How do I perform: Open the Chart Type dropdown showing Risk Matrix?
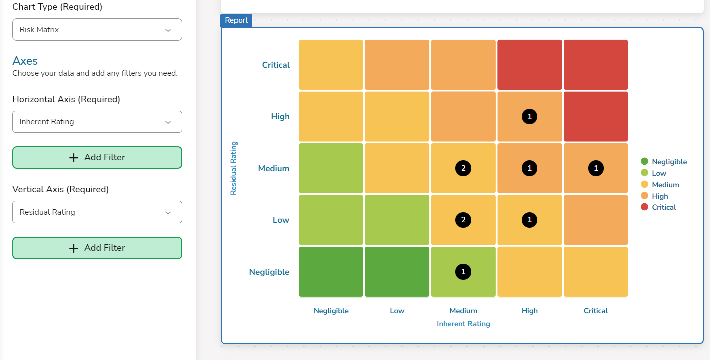pyautogui.click(x=97, y=30)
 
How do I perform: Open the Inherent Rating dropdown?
pyautogui.click(x=97, y=122)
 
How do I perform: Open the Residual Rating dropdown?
pyautogui.click(x=97, y=212)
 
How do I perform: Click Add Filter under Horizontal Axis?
pyautogui.click(x=97, y=157)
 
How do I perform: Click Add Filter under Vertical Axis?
pyautogui.click(x=97, y=248)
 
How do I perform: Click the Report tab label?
pyautogui.click(x=236, y=20)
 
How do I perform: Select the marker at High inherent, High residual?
pyautogui.click(x=529, y=117)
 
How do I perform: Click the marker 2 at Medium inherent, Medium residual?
pyautogui.click(x=463, y=168)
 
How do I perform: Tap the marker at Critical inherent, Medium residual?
pyautogui.click(x=596, y=168)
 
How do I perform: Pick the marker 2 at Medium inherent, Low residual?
pyautogui.click(x=463, y=220)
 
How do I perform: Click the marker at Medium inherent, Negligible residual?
pyautogui.click(x=463, y=272)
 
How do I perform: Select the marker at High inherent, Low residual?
pyautogui.click(x=529, y=220)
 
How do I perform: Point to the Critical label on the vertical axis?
pyautogui.click(x=276, y=65)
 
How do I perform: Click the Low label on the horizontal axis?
pyautogui.click(x=397, y=311)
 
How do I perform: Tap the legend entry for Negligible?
pyautogui.click(x=669, y=162)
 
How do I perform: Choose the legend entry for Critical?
pyautogui.click(x=663, y=207)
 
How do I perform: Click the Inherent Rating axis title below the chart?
pyautogui.click(x=463, y=324)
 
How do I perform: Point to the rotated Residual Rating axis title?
pyautogui.click(x=233, y=168)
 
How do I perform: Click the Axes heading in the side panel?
pyautogui.click(x=25, y=61)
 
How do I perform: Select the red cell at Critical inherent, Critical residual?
pyautogui.click(x=596, y=65)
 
